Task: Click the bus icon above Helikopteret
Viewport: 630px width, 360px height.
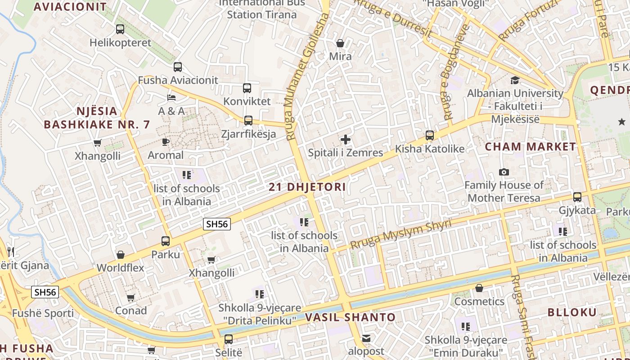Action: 120,29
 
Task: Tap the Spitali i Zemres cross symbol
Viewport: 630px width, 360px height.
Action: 346,139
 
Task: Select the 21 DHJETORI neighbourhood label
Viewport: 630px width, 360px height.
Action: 307,187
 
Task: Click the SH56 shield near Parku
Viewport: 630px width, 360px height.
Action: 217,224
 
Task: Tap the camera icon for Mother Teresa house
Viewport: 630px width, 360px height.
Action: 504,172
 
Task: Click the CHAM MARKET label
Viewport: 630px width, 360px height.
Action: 531,147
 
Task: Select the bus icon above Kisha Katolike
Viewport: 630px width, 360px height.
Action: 430,135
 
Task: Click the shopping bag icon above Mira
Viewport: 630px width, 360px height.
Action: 340,43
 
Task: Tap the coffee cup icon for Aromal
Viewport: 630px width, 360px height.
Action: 166,142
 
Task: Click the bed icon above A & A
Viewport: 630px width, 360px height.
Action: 171,97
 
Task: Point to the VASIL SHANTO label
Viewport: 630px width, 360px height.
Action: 351,317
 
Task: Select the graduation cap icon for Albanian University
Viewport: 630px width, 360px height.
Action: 515,80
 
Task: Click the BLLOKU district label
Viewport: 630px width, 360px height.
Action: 572,312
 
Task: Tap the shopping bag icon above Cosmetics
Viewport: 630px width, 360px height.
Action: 479,288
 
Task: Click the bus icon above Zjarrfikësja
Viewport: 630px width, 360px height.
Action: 248,121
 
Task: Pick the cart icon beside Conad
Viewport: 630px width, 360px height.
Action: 130,297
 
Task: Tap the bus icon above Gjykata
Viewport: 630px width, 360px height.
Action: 577,197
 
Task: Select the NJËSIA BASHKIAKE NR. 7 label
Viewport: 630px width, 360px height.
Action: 97,118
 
